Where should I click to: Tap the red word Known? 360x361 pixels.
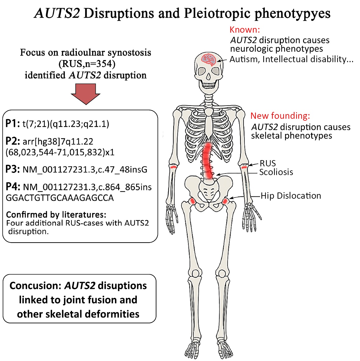coord(244,30)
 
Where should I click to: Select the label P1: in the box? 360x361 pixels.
coord(13,123)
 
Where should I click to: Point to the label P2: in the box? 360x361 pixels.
coord(13,141)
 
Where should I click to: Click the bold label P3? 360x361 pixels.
coord(13,169)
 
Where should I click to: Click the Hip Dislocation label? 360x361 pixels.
coord(291,196)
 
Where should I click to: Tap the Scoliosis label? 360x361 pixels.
coord(276,172)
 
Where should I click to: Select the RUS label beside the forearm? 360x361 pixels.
coord(268,164)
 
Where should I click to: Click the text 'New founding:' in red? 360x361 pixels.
coord(280,116)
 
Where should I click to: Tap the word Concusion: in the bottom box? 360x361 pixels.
coord(36,285)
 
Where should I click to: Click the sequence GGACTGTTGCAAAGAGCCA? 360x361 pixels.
coord(60,198)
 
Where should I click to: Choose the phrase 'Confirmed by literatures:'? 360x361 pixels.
coord(56,215)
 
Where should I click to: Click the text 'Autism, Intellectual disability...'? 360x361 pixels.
coord(291,59)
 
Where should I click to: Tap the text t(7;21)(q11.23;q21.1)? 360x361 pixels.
coord(66,124)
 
